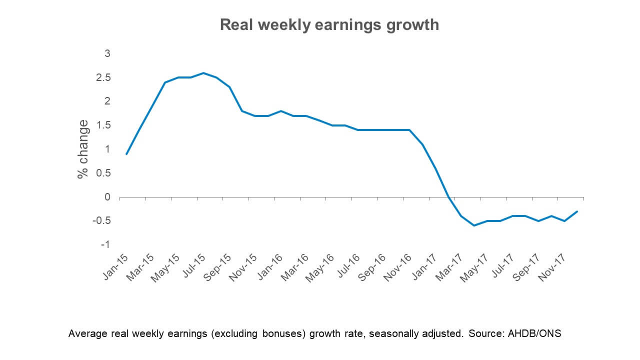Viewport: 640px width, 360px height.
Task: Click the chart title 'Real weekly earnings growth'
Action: click(329, 25)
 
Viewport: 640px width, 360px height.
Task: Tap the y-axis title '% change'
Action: click(83, 149)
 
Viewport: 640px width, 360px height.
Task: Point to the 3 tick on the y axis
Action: click(106, 53)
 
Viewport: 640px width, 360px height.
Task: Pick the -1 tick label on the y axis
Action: click(104, 244)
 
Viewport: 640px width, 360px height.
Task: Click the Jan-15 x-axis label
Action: click(116, 268)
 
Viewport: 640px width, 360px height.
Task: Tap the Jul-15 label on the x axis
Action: click(193, 268)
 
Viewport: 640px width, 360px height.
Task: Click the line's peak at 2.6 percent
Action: click(203, 73)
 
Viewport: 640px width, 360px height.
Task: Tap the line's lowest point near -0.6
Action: click(474, 225)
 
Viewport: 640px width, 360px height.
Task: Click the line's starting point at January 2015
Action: click(126, 154)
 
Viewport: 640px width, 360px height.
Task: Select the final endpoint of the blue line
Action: click(577, 211)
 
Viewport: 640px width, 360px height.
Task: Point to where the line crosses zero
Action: click(448, 197)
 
